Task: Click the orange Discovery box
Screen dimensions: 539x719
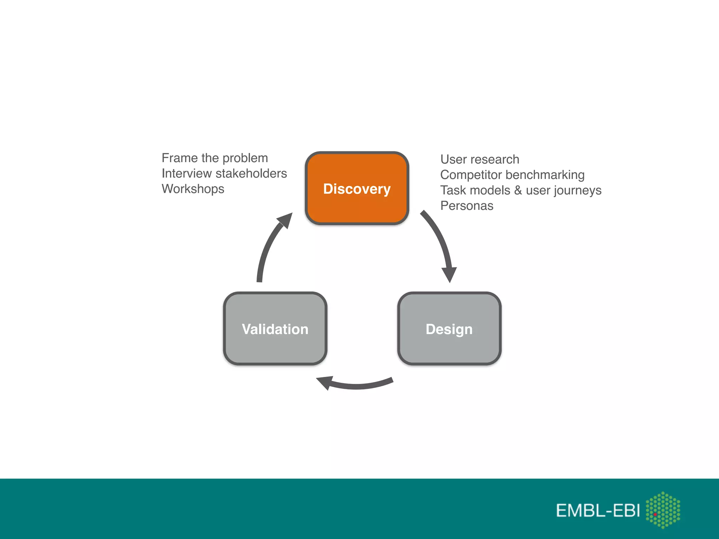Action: pos(357,188)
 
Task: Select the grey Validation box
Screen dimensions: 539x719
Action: pos(275,329)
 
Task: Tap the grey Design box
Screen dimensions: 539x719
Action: pos(449,329)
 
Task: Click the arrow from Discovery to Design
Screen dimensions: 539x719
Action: pos(440,242)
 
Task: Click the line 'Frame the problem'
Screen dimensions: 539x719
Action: pos(215,158)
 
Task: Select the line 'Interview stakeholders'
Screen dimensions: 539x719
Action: pos(224,173)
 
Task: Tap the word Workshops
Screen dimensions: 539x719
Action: pos(193,189)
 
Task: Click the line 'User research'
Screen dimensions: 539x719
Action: pos(480,159)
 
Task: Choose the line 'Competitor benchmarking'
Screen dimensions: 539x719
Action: pos(512,175)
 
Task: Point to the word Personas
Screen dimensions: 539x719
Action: pos(467,206)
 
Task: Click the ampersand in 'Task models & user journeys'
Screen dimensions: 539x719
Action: pos(518,190)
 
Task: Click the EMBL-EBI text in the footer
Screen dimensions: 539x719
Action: pos(598,510)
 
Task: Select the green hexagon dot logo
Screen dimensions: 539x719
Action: pos(663,510)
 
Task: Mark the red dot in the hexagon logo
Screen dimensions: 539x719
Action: pos(655,514)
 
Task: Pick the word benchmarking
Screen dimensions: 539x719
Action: pos(545,175)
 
